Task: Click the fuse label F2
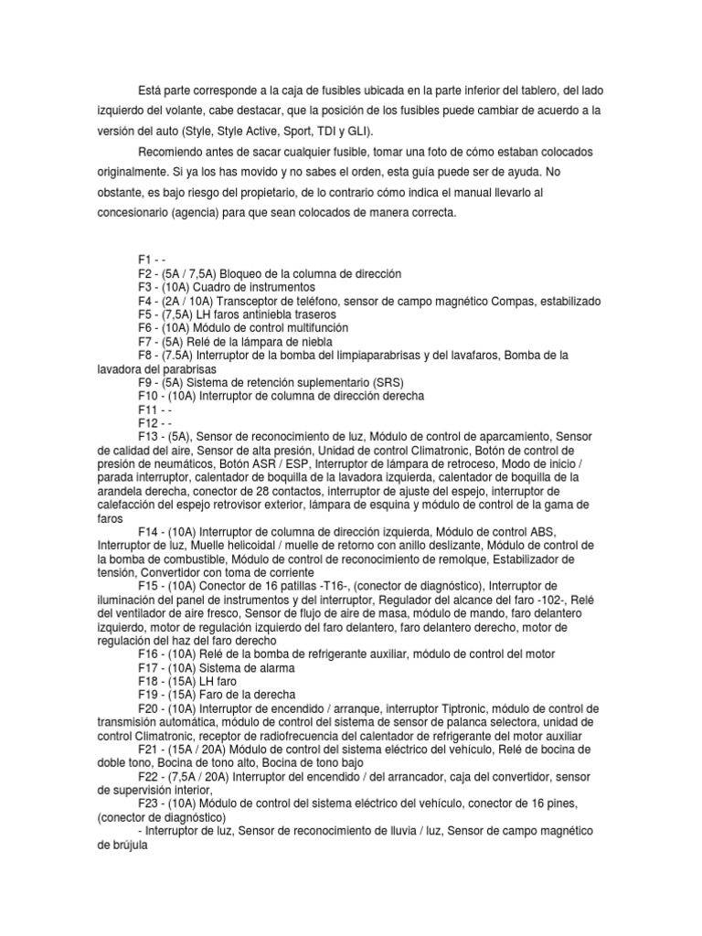(144, 274)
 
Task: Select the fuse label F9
(144, 382)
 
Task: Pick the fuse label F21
(147, 748)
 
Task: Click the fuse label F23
(147, 802)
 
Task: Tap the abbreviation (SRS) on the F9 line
(384, 382)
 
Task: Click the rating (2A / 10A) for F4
(190, 301)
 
